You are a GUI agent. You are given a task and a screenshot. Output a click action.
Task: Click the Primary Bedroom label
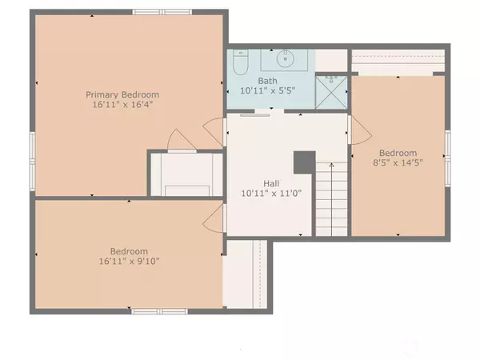tap(122, 94)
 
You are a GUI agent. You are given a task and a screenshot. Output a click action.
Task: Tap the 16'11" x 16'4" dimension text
tap(122, 104)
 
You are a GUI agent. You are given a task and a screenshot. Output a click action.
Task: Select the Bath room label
tap(267, 81)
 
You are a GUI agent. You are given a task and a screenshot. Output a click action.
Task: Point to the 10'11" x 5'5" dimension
tap(267, 90)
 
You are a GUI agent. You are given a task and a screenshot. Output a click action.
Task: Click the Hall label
tap(271, 183)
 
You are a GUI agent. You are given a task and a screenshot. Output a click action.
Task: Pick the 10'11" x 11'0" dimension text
tap(271, 194)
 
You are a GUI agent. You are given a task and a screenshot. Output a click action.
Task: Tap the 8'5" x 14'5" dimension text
tap(398, 162)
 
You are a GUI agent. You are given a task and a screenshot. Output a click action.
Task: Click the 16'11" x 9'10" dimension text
tap(129, 261)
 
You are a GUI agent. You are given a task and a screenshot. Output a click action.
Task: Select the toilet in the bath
tap(240, 62)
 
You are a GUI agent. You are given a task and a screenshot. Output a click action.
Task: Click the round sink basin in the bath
tap(286, 58)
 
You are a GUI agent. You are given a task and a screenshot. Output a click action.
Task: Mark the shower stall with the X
tap(331, 93)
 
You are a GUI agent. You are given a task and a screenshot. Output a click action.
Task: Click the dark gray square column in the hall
tap(305, 162)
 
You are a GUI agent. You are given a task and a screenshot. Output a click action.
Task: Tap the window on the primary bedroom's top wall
tap(162, 12)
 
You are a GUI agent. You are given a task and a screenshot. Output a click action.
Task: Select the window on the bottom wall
tap(159, 311)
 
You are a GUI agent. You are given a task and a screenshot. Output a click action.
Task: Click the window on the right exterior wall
tap(447, 158)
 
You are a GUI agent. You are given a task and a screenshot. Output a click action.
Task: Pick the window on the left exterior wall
tap(33, 162)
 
